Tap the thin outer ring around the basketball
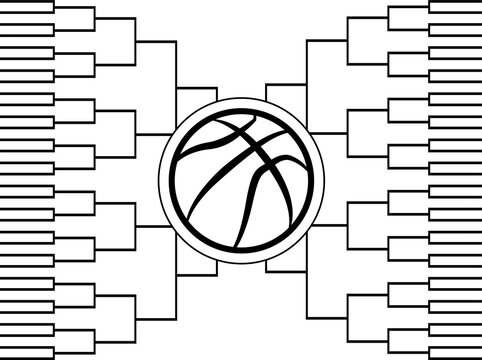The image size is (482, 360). point(241,97)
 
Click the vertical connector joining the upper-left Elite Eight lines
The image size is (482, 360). point(174,88)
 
